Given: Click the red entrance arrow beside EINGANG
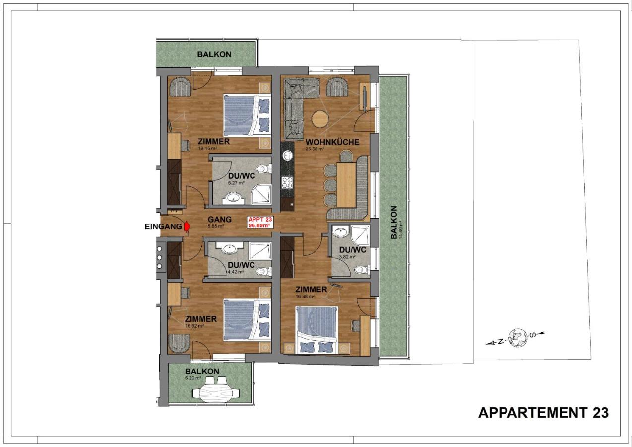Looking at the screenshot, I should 187,226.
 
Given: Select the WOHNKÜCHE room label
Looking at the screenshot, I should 332,142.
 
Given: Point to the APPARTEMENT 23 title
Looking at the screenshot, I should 543,412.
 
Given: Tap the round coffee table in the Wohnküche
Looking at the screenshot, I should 320,119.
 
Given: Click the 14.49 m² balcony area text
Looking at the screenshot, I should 400,230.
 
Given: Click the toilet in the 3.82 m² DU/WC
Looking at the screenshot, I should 361,269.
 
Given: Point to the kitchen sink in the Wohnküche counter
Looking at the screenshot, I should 288,155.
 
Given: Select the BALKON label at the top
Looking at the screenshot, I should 214,54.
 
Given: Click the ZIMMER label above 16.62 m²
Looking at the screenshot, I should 200,319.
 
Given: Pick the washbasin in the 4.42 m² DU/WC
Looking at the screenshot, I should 230,248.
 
